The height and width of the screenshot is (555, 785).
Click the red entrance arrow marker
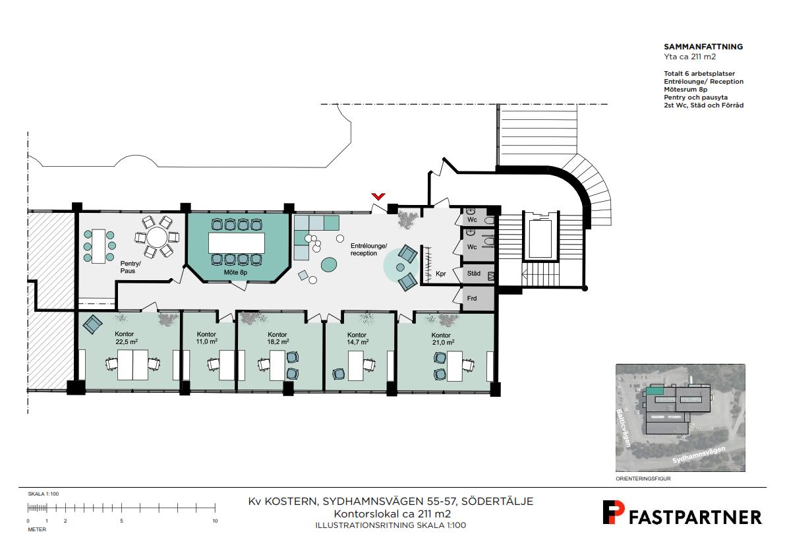pos(378,196)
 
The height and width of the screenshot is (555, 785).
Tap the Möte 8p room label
pos(235,273)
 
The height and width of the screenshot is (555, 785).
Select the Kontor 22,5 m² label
pos(126,337)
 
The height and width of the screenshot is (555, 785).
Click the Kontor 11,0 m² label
pos(206,337)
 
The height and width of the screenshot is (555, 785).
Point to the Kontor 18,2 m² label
pos(277,337)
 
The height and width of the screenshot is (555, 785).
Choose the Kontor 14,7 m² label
pos(357,338)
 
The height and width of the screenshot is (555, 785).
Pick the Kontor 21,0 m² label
pos(442,339)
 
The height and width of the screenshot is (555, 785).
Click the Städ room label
pos(474,274)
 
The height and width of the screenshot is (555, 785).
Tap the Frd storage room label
pos(472,299)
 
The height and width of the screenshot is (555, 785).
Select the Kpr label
pos(440,274)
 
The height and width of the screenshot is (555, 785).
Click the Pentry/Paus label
pos(130,267)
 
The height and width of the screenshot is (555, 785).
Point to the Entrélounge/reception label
pos(368,250)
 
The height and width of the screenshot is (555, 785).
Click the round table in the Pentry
pos(157,237)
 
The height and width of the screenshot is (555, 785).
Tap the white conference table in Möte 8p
pos(237,243)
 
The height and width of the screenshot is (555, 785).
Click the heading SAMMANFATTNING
pos(703,47)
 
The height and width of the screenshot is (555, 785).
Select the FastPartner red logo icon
pos(613,512)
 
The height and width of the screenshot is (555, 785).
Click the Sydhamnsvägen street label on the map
pos(699,455)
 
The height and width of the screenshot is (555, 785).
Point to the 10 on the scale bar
pos(215,521)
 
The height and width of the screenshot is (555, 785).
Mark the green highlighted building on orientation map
pos(655,390)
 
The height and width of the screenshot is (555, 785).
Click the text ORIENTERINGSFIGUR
pos(643,479)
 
